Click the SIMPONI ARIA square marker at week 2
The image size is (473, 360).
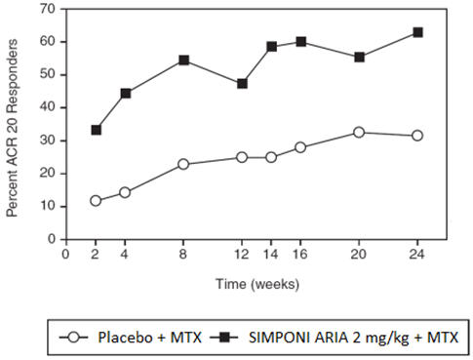point(96,130)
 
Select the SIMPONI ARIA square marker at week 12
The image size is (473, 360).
point(242,84)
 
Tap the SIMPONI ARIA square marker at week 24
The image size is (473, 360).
point(417,32)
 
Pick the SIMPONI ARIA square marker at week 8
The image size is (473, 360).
point(183,60)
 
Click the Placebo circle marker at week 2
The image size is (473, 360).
point(96,201)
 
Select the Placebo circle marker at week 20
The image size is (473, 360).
point(359,132)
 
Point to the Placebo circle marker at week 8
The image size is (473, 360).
point(183,164)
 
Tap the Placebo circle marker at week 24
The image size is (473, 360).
point(417,136)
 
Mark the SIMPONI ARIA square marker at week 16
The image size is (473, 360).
point(300,42)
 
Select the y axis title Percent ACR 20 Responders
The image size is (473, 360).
point(14,124)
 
